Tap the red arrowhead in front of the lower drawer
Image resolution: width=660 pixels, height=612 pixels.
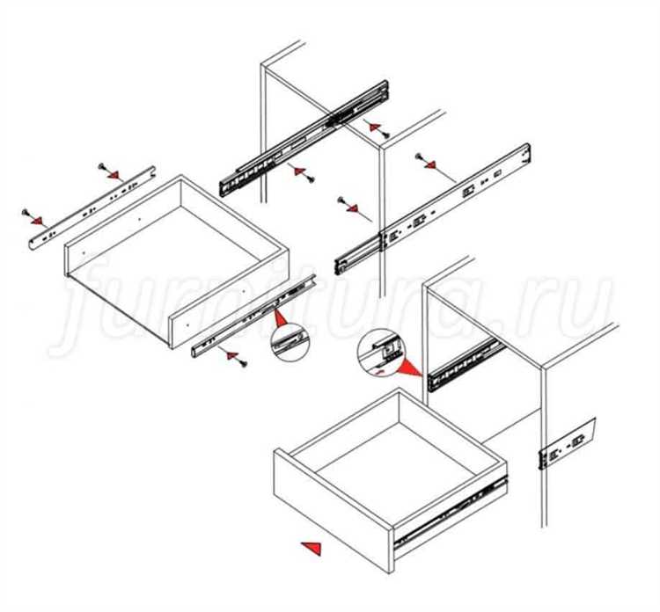click(x=312, y=549)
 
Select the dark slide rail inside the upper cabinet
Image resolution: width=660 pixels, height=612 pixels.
click(x=303, y=138)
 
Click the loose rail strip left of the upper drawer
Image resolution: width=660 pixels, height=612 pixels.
click(x=92, y=208)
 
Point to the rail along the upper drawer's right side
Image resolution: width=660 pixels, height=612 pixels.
click(x=253, y=316)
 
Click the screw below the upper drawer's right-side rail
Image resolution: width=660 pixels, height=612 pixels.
click(x=243, y=363)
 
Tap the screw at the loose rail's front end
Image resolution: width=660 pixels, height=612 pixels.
click(x=26, y=213)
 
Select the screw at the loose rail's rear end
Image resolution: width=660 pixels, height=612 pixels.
click(x=101, y=166)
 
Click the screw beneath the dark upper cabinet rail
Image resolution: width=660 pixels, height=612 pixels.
click(x=311, y=179)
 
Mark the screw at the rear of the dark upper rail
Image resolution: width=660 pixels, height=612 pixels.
click(x=386, y=135)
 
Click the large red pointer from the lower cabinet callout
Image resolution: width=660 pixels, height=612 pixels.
click(x=409, y=368)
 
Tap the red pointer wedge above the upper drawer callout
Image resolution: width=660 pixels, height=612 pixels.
click(x=280, y=318)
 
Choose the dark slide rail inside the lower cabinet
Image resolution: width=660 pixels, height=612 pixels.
click(x=466, y=364)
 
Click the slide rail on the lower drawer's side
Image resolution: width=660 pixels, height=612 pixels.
click(x=451, y=513)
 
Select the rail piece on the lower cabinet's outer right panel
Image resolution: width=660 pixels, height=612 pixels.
click(x=567, y=444)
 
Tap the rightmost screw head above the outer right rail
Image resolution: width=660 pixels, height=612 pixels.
click(x=418, y=157)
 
